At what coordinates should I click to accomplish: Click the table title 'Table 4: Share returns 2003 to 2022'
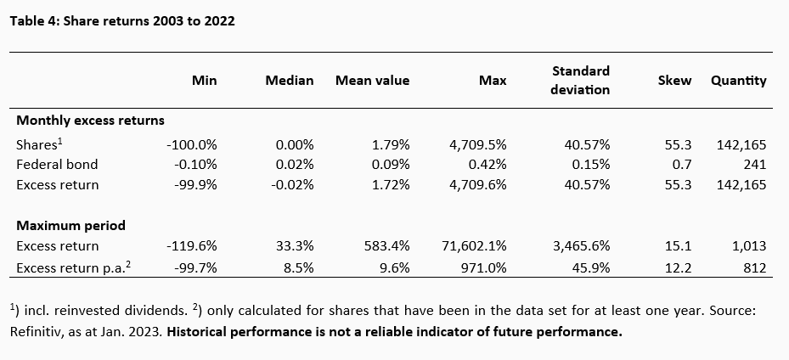click(x=121, y=21)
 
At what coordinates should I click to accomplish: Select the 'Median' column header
click(x=290, y=81)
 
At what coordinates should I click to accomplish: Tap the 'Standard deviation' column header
click(x=582, y=80)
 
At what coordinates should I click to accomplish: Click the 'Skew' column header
click(x=674, y=81)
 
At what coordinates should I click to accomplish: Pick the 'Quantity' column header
click(x=738, y=81)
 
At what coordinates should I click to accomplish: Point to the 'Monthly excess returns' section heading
click(x=91, y=121)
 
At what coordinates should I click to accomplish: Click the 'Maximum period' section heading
click(x=70, y=226)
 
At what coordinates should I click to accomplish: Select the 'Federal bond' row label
click(x=57, y=164)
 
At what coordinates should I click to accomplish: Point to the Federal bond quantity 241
click(x=754, y=164)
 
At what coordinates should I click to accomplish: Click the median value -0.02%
click(x=294, y=184)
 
